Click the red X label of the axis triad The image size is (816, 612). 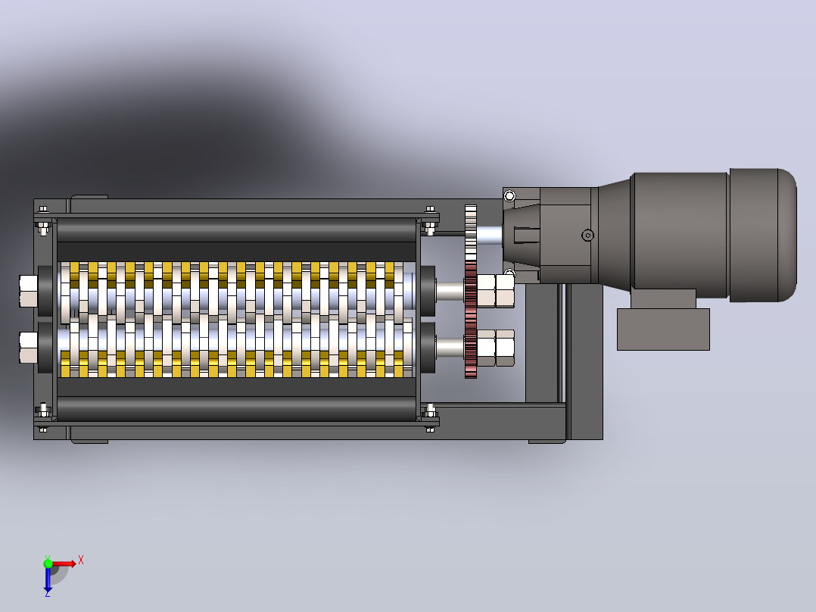point(81,560)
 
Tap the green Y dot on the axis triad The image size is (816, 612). point(48,563)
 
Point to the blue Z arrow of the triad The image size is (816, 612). point(48,580)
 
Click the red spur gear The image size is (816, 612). point(471,320)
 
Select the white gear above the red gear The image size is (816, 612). point(471,233)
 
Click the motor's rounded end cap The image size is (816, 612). point(763,235)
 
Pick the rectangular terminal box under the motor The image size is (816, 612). point(663,329)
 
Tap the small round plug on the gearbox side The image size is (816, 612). point(587,236)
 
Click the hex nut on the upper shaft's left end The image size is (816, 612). point(29,291)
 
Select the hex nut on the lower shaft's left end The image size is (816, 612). point(29,348)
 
